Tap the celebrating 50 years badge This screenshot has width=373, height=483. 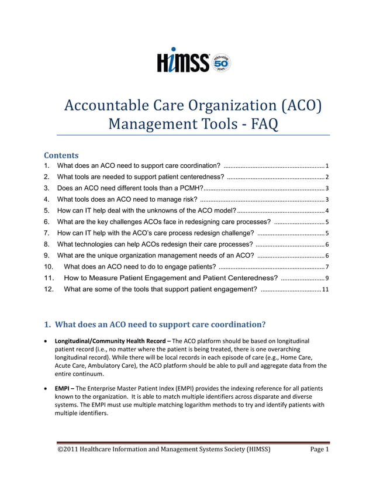(x=220, y=63)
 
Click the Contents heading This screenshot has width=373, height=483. (x=61, y=156)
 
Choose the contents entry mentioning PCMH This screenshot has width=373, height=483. (x=130, y=188)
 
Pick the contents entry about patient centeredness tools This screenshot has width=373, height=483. (x=140, y=177)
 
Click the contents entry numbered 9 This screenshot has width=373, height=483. (x=155, y=256)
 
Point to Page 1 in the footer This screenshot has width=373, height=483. (x=319, y=450)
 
